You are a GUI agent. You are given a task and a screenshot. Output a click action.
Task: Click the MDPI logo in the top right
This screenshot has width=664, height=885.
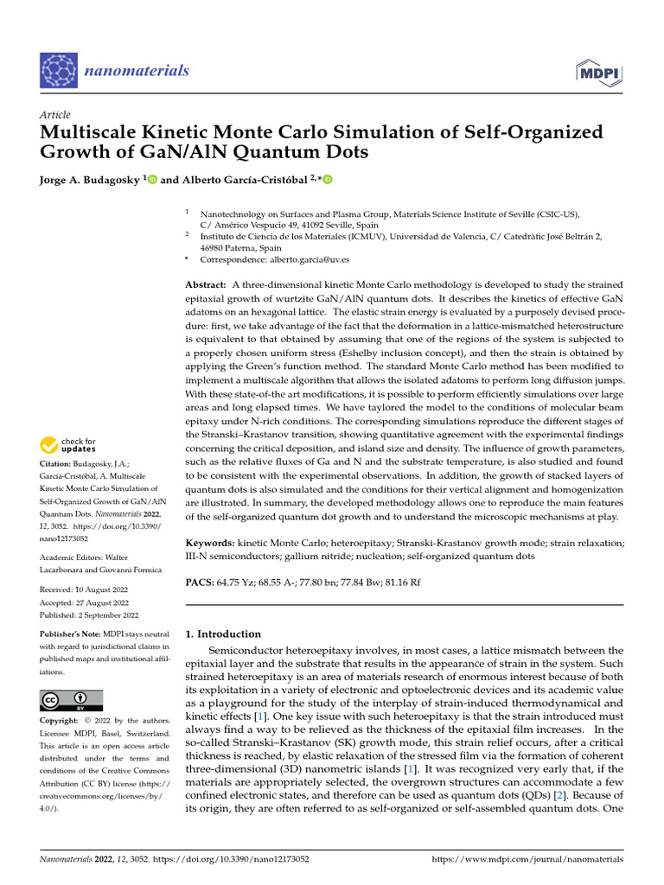click(x=597, y=72)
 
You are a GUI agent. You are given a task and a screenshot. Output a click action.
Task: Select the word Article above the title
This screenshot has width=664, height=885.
click(x=55, y=115)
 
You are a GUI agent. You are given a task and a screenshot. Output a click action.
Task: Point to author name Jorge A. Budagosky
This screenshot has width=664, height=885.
click(x=90, y=180)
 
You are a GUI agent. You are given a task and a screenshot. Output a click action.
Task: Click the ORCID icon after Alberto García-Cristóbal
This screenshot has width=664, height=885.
click(x=328, y=180)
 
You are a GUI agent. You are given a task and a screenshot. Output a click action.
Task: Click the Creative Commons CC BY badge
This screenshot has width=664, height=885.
click(x=72, y=700)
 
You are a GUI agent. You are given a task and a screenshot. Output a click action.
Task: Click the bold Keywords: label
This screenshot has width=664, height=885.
click(x=212, y=543)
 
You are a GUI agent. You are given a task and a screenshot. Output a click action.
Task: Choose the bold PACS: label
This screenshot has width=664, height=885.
click(x=202, y=583)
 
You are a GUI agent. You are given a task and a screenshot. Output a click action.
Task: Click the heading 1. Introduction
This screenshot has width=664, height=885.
click(x=223, y=634)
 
